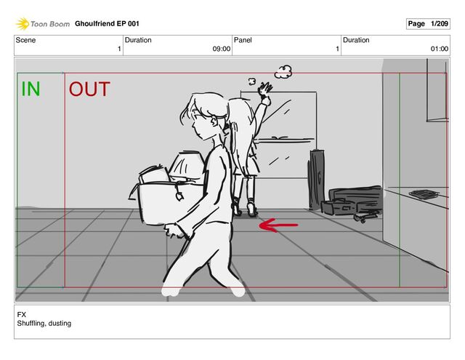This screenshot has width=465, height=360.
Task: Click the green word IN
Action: coord(31,89)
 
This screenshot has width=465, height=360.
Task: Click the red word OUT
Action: coord(89,89)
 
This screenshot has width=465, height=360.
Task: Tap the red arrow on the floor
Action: coord(278,225)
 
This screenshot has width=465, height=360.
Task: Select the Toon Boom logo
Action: coord(43,24)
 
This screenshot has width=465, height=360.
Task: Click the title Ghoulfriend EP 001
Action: coord(107,24)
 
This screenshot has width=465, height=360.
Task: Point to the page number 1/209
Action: coord(440,24)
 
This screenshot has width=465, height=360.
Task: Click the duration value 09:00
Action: coord(221,49)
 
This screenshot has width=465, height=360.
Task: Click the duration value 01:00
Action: coord(439,49)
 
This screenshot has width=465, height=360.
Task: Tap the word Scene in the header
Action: coord(25,40)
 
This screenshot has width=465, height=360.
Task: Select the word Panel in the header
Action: coord(243,40)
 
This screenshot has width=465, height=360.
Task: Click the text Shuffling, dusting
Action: coord(44,323)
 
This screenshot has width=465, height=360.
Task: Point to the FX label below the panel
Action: coord(21,315)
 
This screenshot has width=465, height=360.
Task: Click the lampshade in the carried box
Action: coord(187,166)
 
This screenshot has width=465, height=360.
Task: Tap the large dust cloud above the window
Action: coord(283,72)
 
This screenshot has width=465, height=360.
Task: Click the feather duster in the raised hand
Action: coord(264,89)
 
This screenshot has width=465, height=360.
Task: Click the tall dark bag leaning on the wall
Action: coord(316,180)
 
